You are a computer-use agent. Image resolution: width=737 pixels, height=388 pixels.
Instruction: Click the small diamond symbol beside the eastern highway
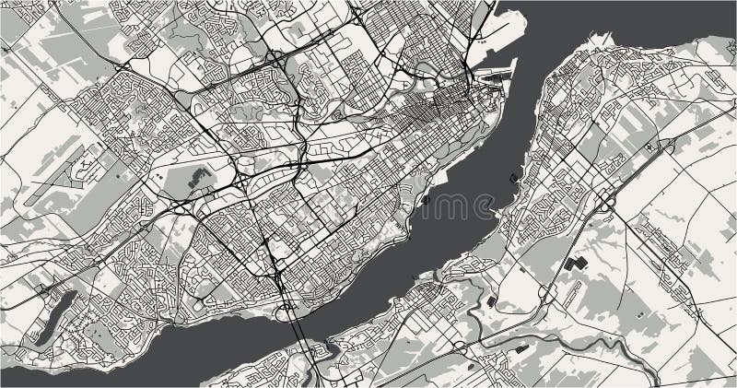click(650, 146)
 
